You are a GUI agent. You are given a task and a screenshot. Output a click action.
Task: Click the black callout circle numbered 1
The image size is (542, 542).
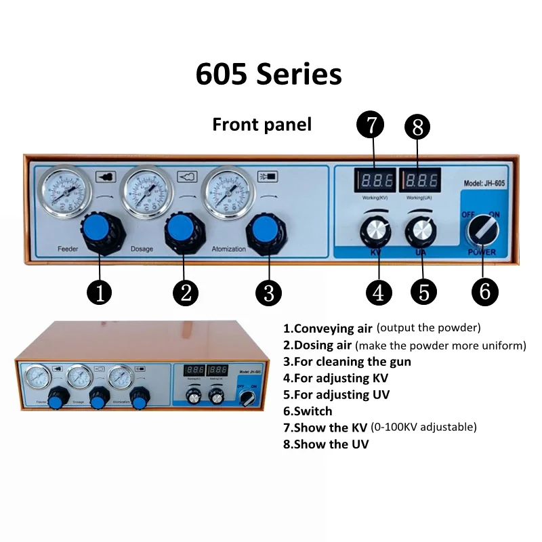[x=100, y=292]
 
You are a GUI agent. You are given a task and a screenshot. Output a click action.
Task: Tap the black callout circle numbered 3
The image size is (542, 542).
[x=268, y=292]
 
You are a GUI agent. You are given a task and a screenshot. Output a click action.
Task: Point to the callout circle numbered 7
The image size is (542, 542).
[x=370, y=125]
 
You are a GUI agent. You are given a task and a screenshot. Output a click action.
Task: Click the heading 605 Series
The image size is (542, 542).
[x=269, y=74]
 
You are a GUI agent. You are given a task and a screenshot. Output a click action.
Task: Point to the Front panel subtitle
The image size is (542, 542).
[x=262, y=125]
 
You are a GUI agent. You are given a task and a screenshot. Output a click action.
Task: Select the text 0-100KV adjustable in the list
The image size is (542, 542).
[x=423, y=427]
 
